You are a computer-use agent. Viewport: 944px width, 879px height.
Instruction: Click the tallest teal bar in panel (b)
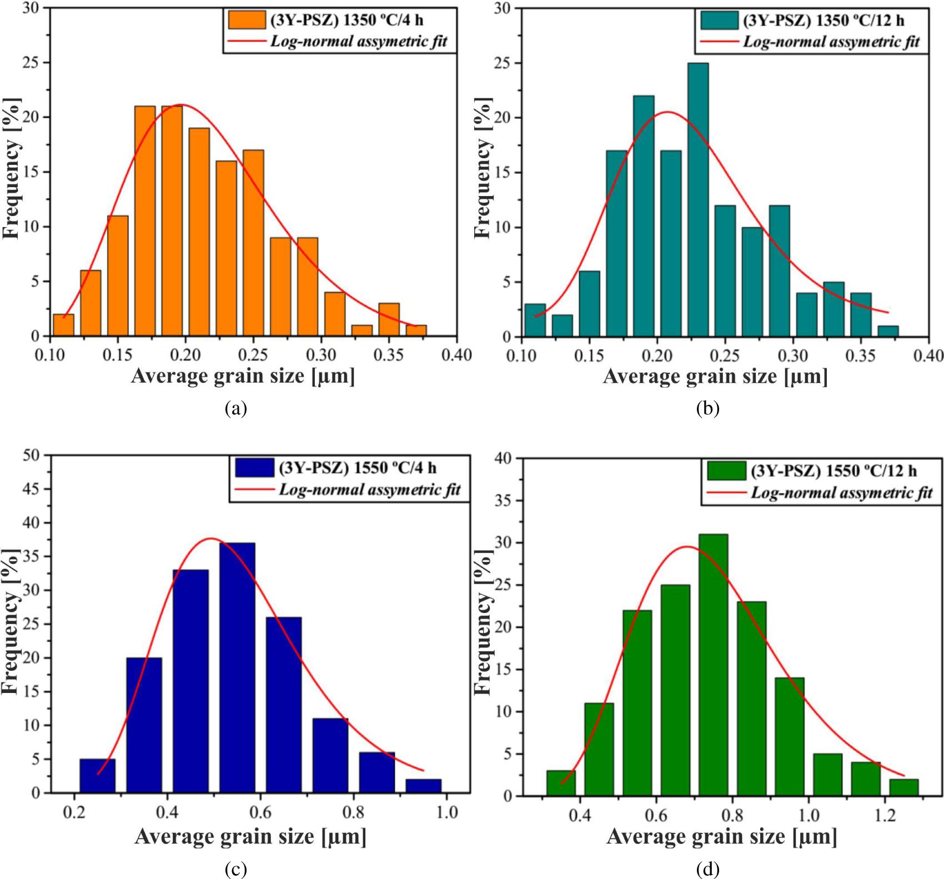(697, 200)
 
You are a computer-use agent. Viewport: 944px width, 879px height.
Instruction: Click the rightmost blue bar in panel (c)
(423, 786)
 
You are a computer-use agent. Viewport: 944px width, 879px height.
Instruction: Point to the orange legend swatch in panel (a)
(247, 21)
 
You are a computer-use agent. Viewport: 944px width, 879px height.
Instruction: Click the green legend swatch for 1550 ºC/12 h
(726, 471)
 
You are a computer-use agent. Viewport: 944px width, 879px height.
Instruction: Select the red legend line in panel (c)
(255, 489)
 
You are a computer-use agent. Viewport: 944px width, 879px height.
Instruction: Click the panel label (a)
(235, 409)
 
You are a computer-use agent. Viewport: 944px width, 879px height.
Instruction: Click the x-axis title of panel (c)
(250, 836)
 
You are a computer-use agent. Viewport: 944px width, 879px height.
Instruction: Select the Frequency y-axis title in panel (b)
(484, 168)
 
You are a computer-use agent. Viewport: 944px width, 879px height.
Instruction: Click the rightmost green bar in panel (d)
(903, 787)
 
